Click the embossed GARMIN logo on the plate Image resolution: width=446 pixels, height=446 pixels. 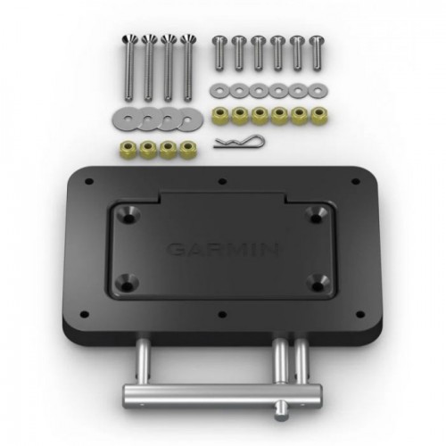coord(223,250)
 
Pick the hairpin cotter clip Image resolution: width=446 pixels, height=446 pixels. coord(239,142)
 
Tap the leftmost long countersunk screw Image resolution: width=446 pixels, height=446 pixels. coord(129,68)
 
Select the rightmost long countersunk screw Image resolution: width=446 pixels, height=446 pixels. coord(187,68)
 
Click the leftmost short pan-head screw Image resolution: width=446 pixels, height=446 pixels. coord(219,54)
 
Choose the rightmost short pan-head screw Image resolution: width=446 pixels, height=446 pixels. coord(317,54)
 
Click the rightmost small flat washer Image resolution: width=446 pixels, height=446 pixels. coord(318,90)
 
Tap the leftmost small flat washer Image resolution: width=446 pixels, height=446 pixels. coord(219,90)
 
